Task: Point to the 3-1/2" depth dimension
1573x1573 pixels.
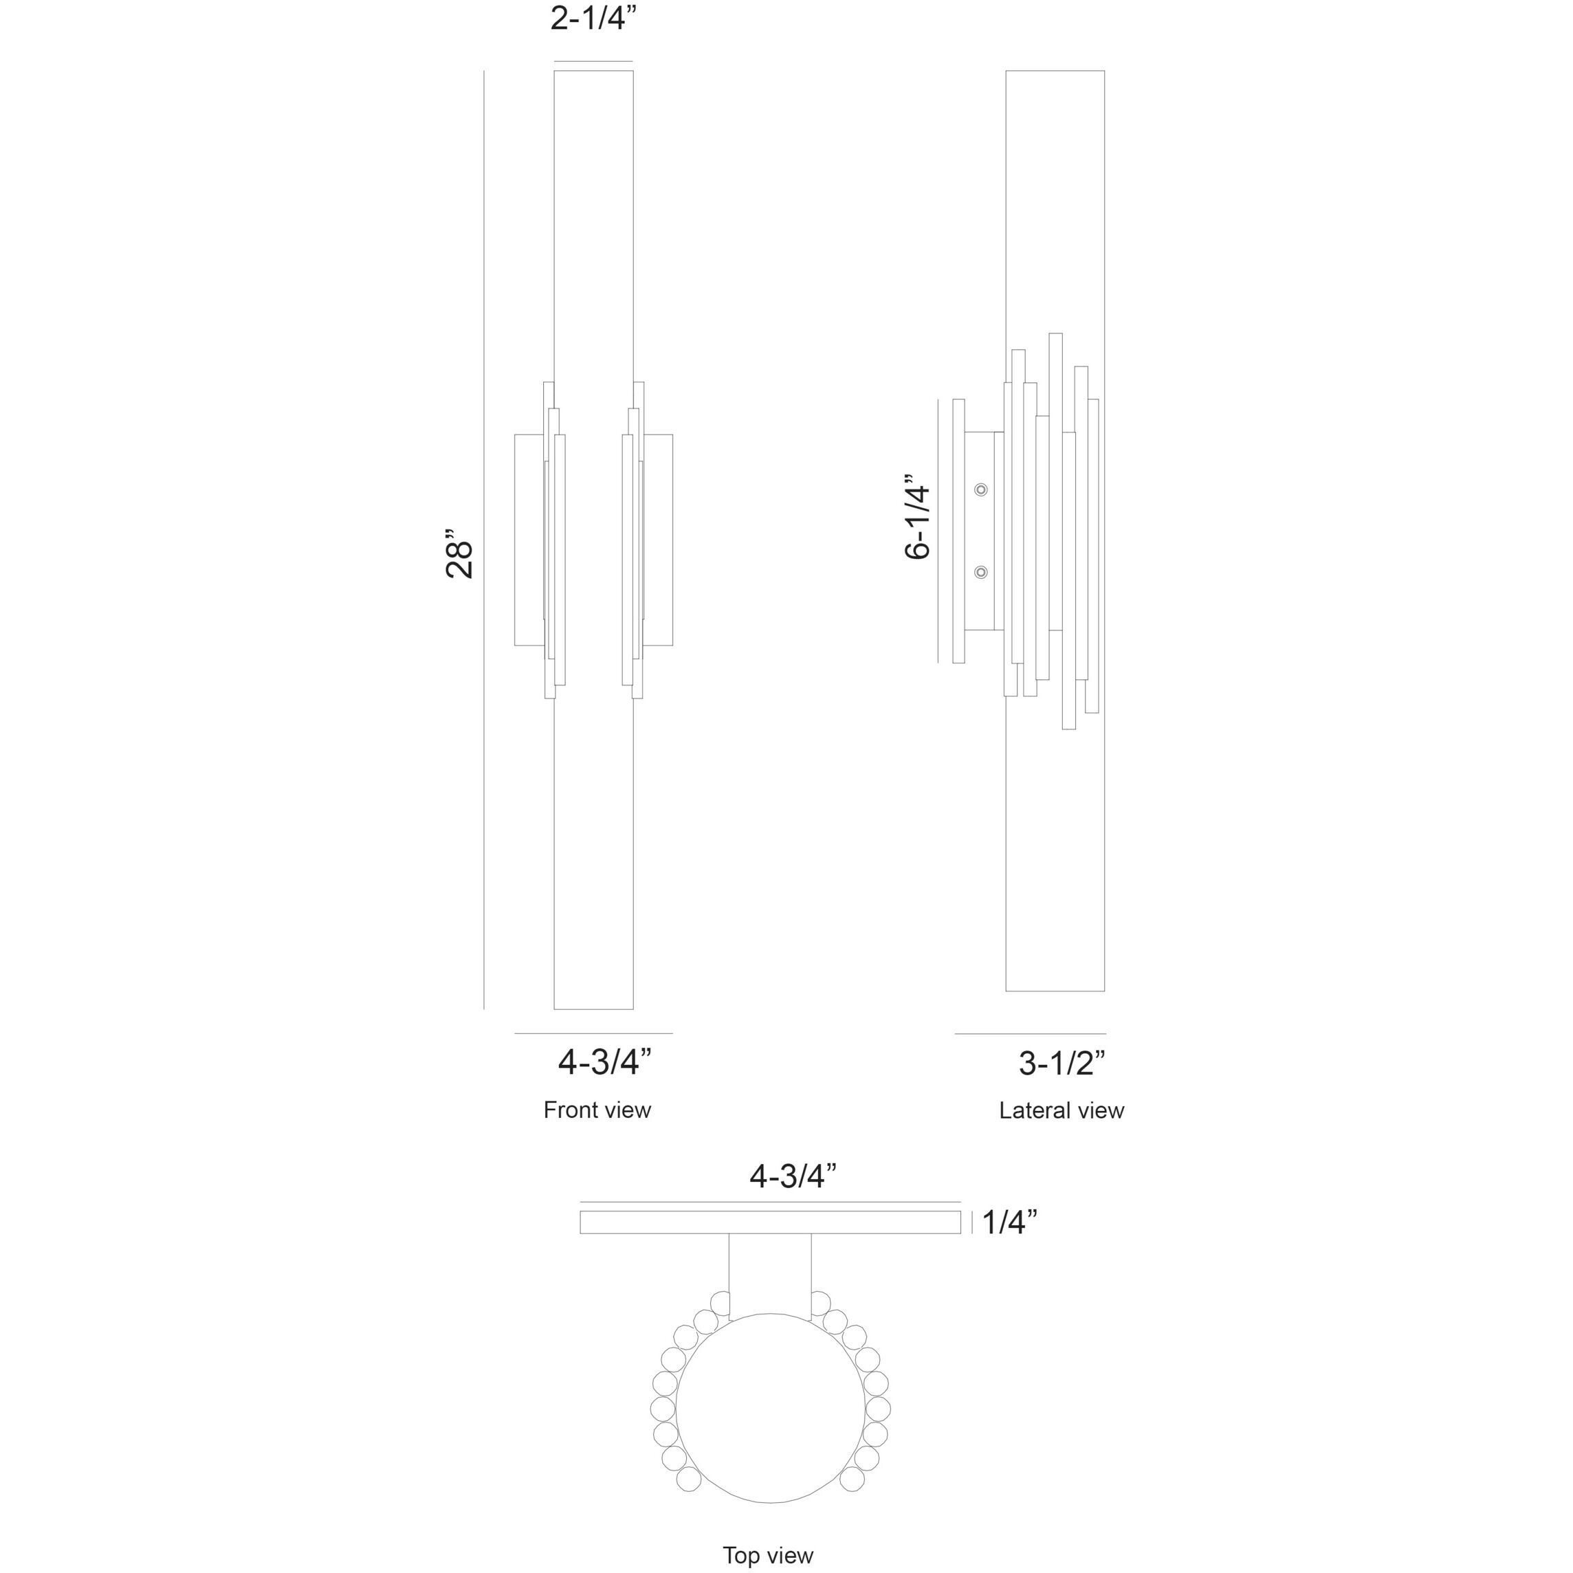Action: (x=1061, y=1064)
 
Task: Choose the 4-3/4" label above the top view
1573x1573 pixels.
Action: (x=793, y=1176)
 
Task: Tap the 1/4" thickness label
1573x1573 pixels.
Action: (x=1009, y=1222)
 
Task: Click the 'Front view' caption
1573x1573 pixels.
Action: (x=597, y=1110)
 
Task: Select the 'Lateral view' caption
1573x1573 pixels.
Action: (x=1061, y=1110)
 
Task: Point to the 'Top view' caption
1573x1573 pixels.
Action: (x=768, y=1556)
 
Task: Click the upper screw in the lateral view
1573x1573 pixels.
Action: (x=981, y=489)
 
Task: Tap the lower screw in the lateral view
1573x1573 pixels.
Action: (x=981, y=573)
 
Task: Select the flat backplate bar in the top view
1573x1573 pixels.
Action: (x=769, y=1222)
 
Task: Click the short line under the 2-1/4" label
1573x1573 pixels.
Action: (x=593, y=61)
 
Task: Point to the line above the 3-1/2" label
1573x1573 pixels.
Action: (x=1030, y=1033)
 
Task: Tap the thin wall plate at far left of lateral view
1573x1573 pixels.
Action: (x=958, y=531)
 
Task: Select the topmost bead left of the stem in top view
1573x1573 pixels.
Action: (x=720, y=1303)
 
